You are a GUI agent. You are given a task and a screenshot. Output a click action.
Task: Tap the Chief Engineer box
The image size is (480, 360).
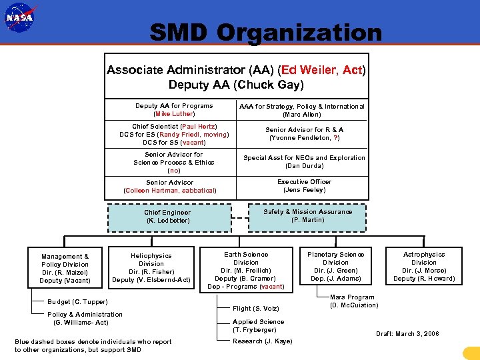click(168, 217)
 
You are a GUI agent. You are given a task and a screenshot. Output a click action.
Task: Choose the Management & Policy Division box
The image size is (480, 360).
click(65, 268)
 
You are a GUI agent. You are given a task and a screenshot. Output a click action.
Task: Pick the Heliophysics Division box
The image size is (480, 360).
click(151, 267)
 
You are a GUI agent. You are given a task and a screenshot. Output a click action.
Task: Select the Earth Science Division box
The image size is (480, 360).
click(246, 270)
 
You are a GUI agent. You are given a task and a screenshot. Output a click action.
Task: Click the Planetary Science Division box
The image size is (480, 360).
click(335, 266)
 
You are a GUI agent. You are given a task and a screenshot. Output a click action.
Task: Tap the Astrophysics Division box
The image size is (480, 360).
click(423, 266)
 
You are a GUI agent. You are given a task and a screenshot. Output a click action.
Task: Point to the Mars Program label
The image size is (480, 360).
click(352, 301)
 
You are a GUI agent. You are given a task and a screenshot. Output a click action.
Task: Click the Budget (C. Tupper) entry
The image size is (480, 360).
click(77, 302)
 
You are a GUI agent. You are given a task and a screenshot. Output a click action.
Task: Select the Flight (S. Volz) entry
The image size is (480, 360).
click(255, 309)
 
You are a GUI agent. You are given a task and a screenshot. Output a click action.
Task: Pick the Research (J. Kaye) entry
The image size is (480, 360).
click(262, 341)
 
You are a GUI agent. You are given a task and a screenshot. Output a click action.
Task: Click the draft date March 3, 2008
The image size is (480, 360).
click(407, 333)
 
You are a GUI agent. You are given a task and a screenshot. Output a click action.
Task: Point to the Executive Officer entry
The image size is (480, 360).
click(304, 185)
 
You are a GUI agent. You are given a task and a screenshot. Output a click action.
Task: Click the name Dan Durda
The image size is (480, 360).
click(304, 166)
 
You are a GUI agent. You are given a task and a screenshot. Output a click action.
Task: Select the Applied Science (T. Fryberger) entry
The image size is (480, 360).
click(258, 326)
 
